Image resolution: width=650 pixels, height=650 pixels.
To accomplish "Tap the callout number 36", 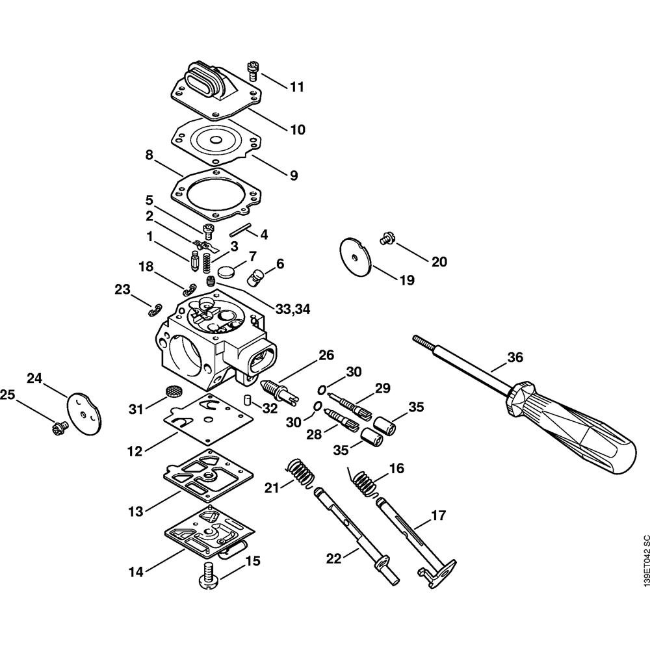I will (x=515, y=357).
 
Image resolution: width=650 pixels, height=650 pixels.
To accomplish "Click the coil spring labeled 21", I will (x=301, y=472).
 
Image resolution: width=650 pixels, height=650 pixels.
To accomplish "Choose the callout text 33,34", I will (x=292, y=309).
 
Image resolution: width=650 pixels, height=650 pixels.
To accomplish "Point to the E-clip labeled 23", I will (x=157, y=307).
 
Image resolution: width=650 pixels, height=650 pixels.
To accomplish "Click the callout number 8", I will (x=149, y=155).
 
